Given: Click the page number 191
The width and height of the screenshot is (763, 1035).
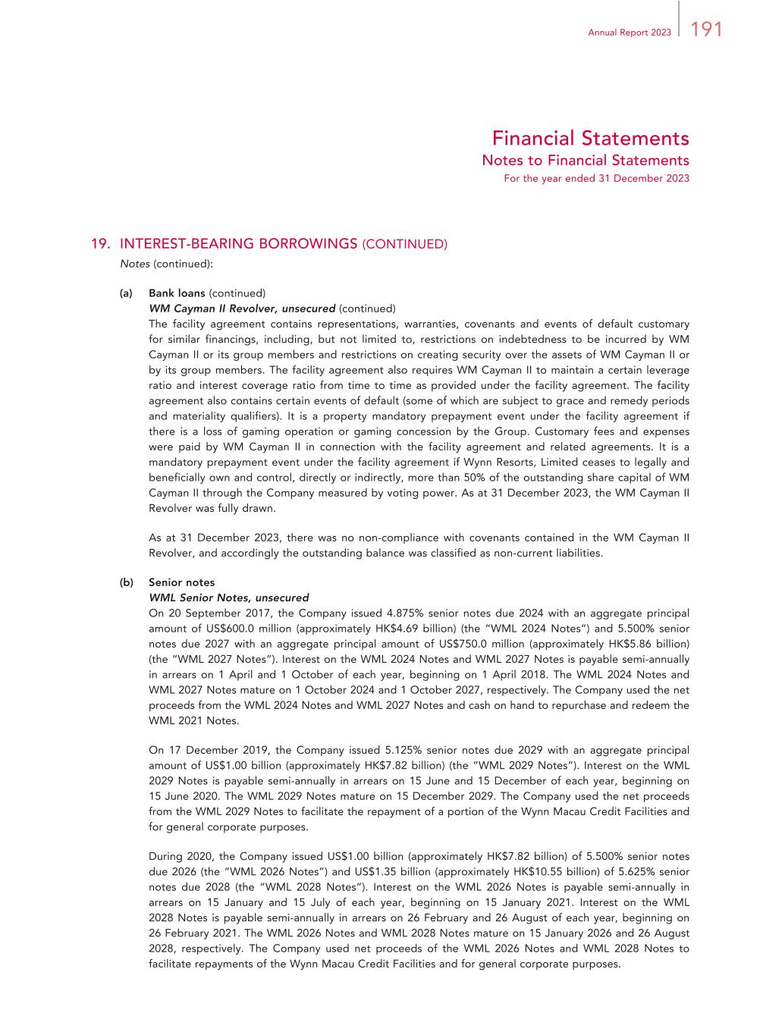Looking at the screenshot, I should [706, 29].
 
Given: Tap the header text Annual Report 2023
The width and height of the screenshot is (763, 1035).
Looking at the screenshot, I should [630, 32].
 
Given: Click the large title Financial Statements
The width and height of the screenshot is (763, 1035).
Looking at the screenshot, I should [590, 139].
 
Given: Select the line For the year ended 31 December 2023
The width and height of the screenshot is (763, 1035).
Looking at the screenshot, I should [596, 179].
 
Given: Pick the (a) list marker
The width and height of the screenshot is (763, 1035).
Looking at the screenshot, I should [126, 293].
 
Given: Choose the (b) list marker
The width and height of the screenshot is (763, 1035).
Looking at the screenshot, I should [126, 583].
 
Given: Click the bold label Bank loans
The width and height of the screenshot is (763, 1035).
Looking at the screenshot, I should [177, 293].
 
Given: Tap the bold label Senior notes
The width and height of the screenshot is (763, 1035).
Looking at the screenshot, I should [181, 583].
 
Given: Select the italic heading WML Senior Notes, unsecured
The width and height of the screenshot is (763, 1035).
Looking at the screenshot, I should [228, 598].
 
